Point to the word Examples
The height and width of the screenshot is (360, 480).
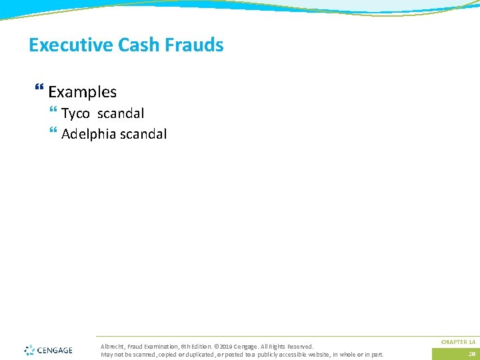coord(82,92)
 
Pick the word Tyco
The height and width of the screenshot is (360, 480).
coord(75,114)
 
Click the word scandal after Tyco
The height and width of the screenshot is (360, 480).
coord(121,114)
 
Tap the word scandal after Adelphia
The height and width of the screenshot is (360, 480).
coord(143,134)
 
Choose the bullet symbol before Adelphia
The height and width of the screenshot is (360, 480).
coord(53,133)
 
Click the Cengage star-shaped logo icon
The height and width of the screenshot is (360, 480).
coord(29,350)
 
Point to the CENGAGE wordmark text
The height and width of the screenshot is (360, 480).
coord(55,350)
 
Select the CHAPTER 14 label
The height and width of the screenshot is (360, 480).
coord(458,342)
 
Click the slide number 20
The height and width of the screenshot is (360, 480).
coord(471,354)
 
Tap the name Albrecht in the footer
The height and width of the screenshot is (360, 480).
coord(111,347)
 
